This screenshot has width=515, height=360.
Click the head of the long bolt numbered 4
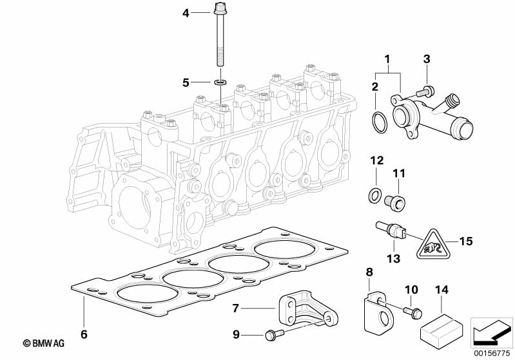pyautogui.click(x=219, y=9)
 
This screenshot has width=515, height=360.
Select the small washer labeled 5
pyautogui.click(x=220, y=82)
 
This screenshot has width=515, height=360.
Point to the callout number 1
pyautogui.click(x=387, y=59)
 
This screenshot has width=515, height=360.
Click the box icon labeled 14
pyautogui.click(x=442, y=328)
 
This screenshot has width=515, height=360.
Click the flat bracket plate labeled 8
pyautogui.click(x=379, y=311)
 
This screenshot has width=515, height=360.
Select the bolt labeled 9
pyautogui.click(x=273, y=335)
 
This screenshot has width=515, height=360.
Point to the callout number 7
pyautogui.click(x=235, y=308)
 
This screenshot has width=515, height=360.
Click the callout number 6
pyautogui.click(x=84, y=334)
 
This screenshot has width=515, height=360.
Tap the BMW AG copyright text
pyautogui.click(x=44, y=343)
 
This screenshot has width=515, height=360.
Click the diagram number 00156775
pyautogui.click(x=492, y=353)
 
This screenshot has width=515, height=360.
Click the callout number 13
pyautogui.click(x=393, y=259)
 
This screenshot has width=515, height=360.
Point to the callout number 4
pyautogui.click(x=186, y=14)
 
